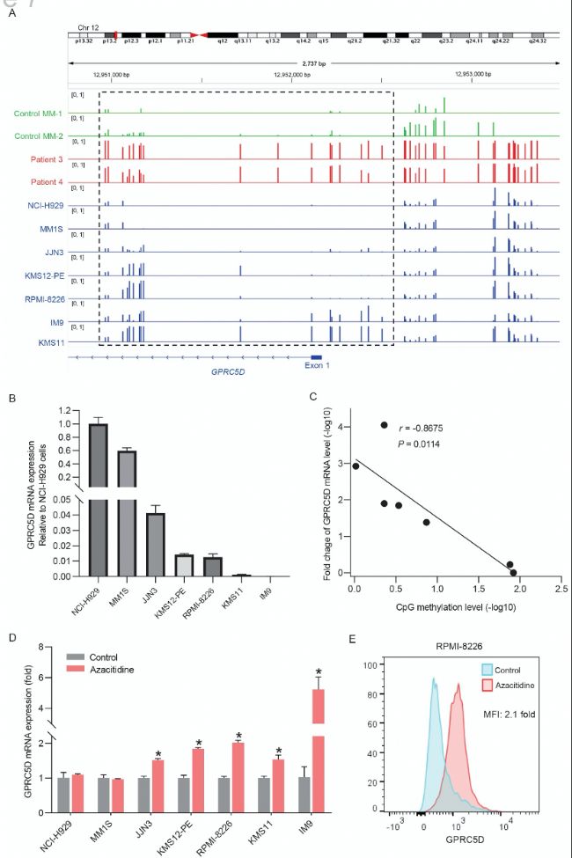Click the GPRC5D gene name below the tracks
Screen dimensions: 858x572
pos(228,372)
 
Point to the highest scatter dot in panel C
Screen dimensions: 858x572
pos(384,425)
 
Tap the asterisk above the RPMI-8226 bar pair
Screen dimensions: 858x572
pos(238,736)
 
